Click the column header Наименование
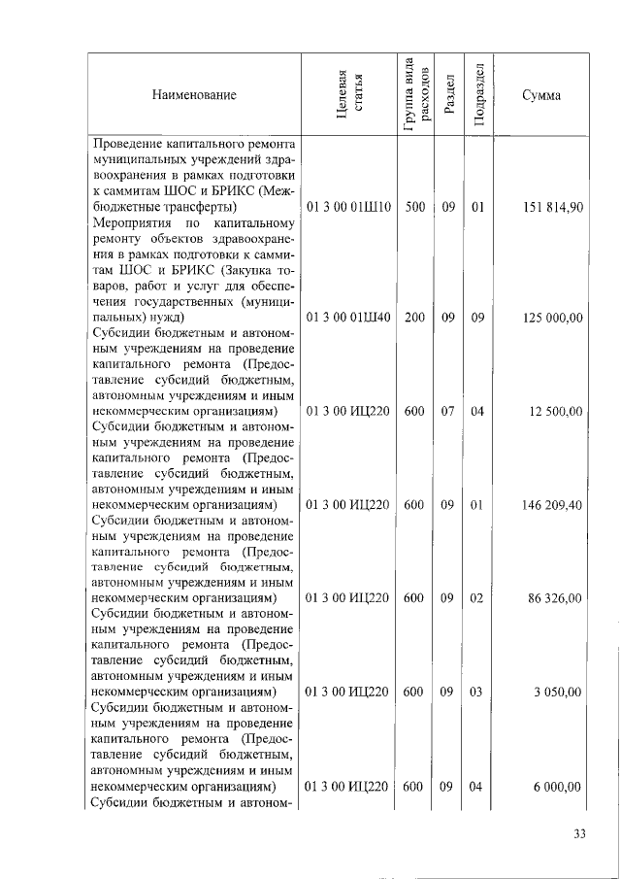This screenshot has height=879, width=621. point(194,95)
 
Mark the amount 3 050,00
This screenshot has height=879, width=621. point(559,692)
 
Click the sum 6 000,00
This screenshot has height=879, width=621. point(559,786)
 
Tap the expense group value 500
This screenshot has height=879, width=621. point(414,207)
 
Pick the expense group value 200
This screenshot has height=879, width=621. point(414,318)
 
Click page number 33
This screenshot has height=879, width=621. point(580,834)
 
